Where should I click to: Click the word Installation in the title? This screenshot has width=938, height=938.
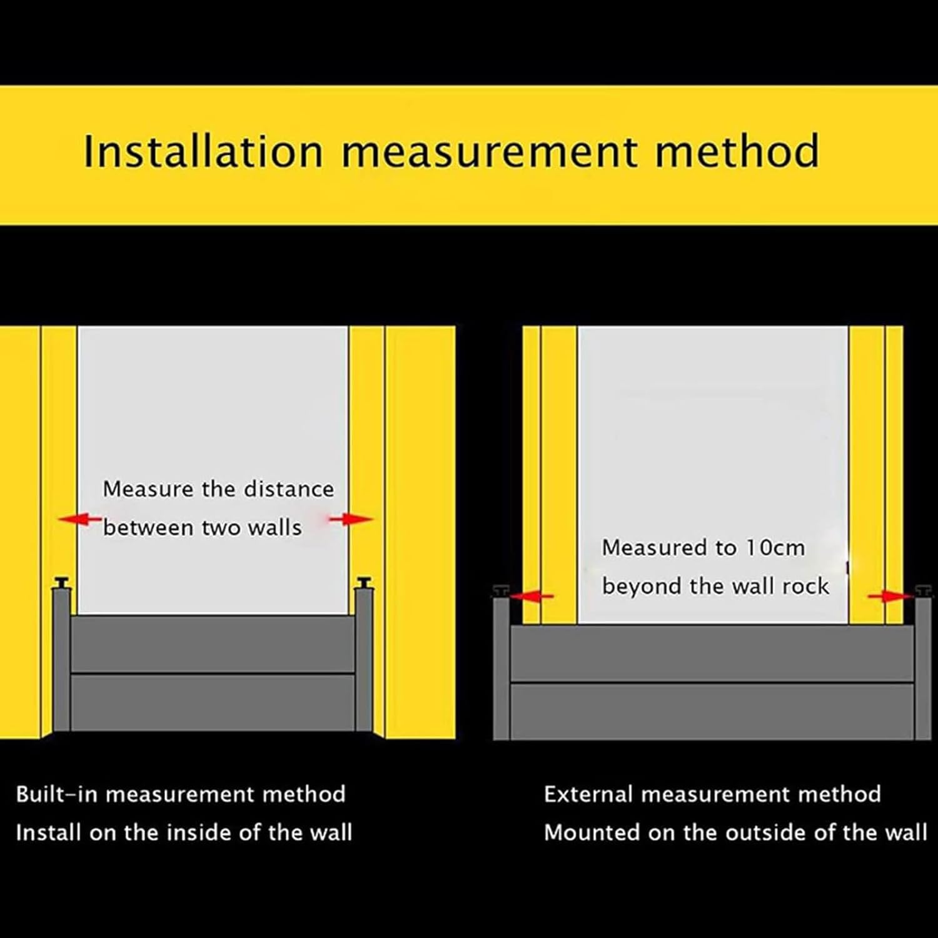pos(203,152)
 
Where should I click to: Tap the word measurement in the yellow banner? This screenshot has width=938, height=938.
pos(489,152)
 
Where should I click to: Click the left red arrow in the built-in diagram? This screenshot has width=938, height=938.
pos(79,519)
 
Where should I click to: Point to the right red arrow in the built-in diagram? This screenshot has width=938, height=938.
pos(351,519)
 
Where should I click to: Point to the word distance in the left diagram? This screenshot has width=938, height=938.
pos(288,489)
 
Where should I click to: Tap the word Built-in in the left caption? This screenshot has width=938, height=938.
pos(56,794)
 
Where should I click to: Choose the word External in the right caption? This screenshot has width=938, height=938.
pos(588,794)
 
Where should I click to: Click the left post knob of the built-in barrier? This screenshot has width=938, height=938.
pos(62,583)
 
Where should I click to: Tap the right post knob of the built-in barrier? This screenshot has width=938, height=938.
pos(364,583)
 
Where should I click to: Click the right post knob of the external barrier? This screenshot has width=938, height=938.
pos(923,591)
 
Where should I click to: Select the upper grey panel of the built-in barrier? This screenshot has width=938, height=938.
pos(213,644)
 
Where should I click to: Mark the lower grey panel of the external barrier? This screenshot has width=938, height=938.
pos(712,712)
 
